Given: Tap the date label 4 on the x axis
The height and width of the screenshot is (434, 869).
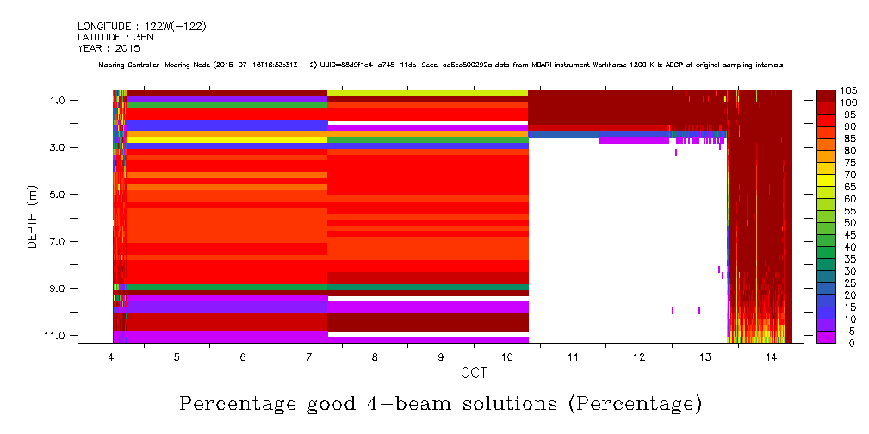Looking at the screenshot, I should pyautogui.click(x=111, y=356).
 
